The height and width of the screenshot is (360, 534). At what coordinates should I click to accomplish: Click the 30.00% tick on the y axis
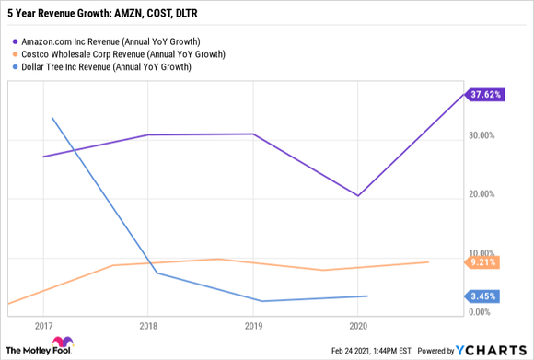click(482, 135)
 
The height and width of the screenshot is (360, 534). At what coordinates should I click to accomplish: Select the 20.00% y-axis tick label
click(482, 194)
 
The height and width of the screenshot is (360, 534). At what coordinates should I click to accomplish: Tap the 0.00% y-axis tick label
click(483, 313)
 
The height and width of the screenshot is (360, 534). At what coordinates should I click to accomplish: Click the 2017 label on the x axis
click(43, 326)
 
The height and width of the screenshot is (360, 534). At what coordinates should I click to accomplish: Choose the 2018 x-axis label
click(149, 326)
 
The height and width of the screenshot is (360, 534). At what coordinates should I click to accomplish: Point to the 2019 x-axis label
click(254, 326)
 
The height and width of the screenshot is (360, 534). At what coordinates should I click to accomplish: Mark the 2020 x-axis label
click(359, 326)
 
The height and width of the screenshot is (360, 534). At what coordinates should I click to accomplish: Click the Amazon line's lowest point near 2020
click(358, 195)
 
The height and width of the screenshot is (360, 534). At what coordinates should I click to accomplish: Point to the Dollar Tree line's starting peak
click(52, 118)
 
